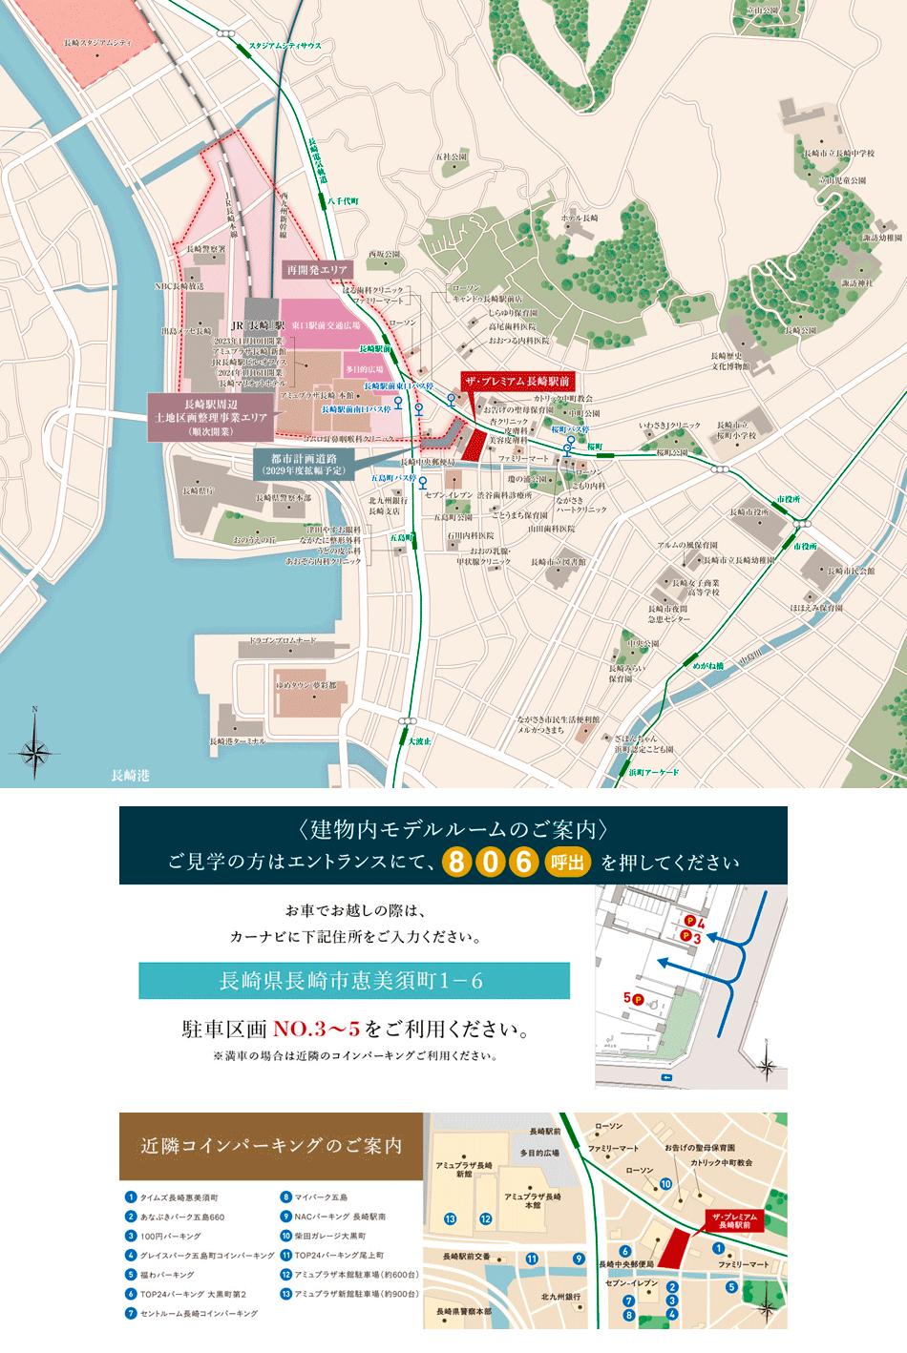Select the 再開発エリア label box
319,270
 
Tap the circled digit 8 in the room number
458,863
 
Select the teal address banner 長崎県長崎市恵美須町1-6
354,980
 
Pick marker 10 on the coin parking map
665,1184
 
